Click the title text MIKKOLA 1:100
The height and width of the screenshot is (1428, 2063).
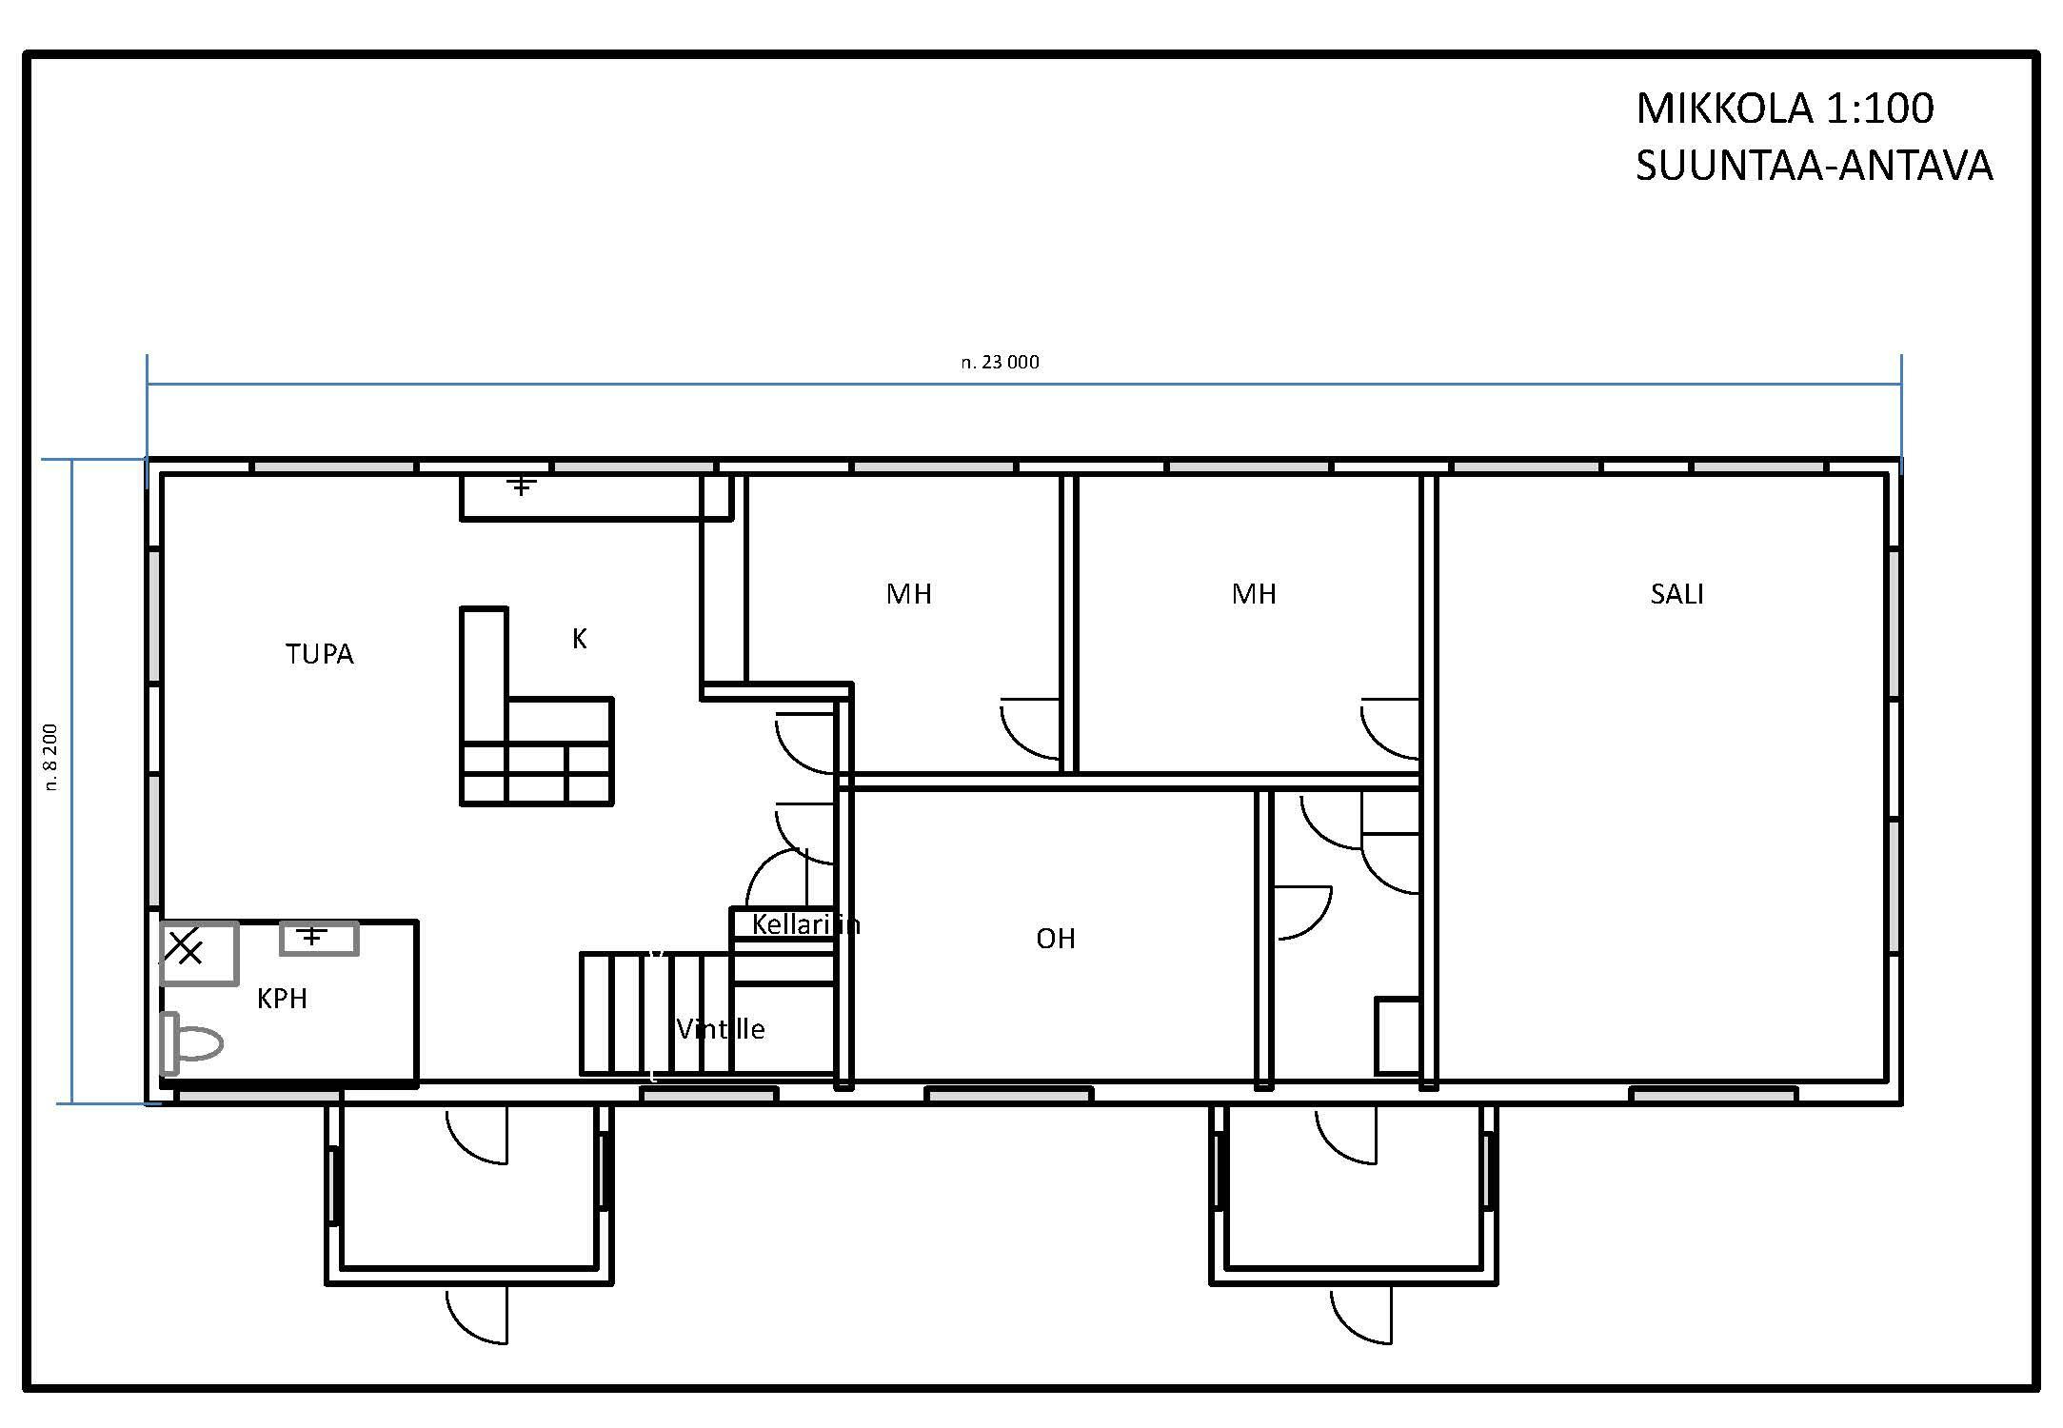click(1785, 109)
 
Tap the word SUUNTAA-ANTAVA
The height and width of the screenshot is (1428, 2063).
click(1814, 166)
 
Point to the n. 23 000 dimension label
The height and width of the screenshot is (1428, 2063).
click(1000, 362)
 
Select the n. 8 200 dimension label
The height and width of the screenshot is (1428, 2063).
click(50, 757)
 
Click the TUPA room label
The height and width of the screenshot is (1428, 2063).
click(320, 654)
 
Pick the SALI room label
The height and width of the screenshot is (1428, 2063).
click(1676, 594)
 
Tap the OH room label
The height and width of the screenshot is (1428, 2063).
click(1055, 939)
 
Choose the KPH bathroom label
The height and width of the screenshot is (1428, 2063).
click(282, 999)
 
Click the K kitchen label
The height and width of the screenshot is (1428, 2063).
click(579, 639)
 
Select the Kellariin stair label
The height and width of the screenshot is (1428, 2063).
click(805, 923)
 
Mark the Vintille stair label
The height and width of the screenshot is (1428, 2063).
click(721, 1028)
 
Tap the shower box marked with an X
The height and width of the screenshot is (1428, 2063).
click(199, 952)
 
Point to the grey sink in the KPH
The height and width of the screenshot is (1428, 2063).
click(319, 938)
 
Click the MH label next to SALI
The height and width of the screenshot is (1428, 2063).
click(1254, 594)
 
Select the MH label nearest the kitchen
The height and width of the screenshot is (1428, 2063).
click(909, 594)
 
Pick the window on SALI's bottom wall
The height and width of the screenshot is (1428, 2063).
click(1714, 1096)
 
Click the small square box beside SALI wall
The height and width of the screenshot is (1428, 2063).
click(1398, 1036)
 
